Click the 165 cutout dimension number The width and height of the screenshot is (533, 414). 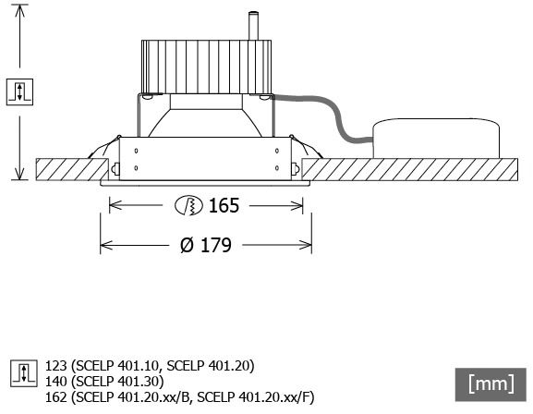[x=224, y=206]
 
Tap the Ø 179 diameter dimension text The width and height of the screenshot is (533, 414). [x=206, y=245]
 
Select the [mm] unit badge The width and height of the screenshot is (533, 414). [x=491, y=384]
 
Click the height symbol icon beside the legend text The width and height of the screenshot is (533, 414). [x=23, y=373]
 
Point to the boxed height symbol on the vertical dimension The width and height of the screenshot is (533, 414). [x=19, y=91]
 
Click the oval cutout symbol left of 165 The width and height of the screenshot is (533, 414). [x=188, y=206]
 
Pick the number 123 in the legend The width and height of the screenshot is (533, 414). [x=56, y=366]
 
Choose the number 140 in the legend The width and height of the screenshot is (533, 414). [x=56, y=382]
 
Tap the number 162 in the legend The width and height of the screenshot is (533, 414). [x=56, y=396]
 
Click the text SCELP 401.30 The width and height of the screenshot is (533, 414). [x=117, y=382]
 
